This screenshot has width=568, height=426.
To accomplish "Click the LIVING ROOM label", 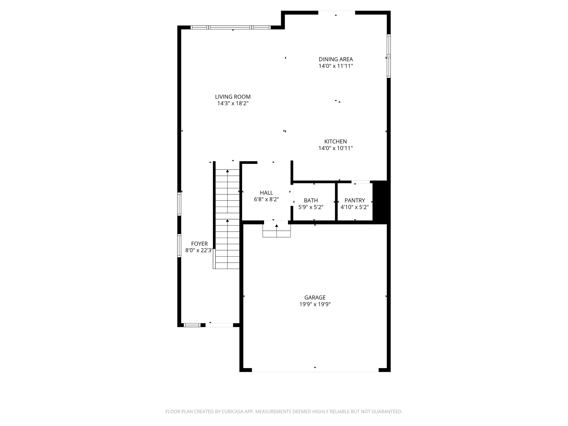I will (233, 97).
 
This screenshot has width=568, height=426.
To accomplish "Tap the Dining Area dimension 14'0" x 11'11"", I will (336, 66).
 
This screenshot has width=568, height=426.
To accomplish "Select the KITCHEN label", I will (336, 141).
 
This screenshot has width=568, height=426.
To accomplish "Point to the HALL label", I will (266, 193).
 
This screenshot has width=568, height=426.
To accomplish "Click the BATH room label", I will (311, 200).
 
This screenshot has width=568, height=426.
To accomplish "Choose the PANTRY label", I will (354, 200).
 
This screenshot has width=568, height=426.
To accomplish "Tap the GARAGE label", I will (315, 298).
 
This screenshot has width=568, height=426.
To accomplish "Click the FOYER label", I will (199, 244).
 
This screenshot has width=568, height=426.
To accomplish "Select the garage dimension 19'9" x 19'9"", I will (315, 304).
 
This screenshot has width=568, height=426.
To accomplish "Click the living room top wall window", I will (230, 27).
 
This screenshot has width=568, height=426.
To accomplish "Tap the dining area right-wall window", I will (389, 56).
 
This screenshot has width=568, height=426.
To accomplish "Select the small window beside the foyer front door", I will (192, 325).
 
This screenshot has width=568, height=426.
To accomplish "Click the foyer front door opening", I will (219, 325).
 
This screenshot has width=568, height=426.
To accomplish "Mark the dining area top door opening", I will (336, 13).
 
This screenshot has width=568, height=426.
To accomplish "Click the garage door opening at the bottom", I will (315, 370).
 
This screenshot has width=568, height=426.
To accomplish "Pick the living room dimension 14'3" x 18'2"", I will (233, 103).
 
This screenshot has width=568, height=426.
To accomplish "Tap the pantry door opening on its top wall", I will (361, 182).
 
